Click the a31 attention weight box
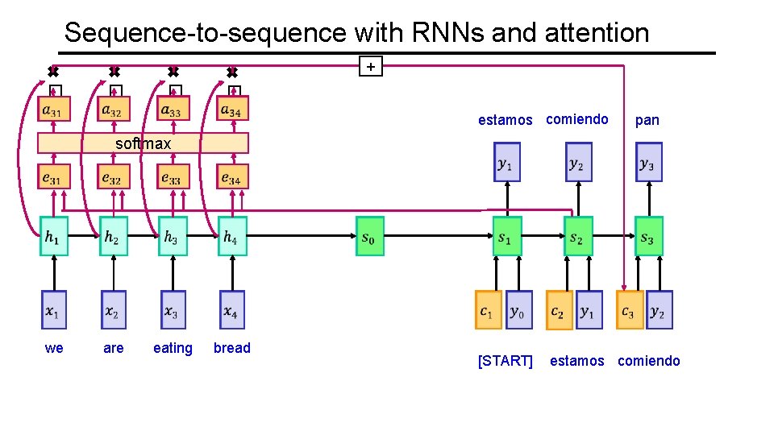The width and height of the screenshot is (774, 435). (54, 109)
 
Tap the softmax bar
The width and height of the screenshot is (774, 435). (144, 143)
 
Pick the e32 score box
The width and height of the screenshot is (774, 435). (114, 176)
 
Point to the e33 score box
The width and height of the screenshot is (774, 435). (173, 176)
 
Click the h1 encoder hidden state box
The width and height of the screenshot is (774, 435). (54, 236)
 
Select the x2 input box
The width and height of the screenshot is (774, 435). (114, 310)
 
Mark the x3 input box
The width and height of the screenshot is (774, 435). (173, 310)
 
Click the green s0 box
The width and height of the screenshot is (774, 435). (370, 236)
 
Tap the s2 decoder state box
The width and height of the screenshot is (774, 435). (578, 237)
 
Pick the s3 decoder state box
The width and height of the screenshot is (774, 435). (648, 237)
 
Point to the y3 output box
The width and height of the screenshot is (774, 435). (648, 163)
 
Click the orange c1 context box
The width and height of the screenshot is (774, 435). (488, 310)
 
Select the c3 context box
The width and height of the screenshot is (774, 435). (630, 310)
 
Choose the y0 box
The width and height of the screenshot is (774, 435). (519, 310)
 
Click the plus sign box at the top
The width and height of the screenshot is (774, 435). (370, 66)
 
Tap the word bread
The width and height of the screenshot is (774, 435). (232, 348)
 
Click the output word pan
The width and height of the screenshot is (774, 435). (647, 120)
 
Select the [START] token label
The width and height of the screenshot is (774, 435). (506, 361)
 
